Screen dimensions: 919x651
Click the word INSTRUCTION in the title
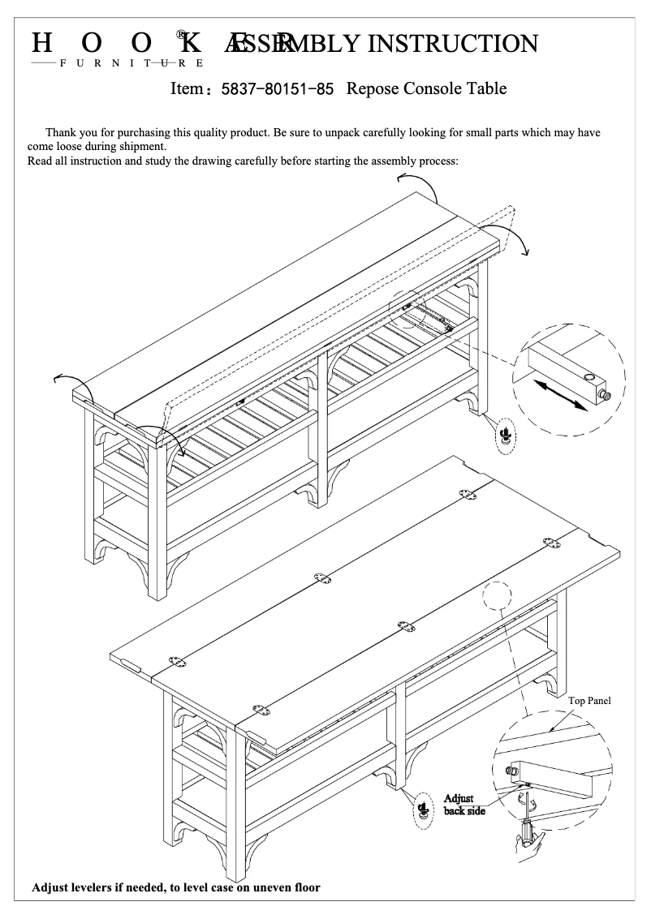453,44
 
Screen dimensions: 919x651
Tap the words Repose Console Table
426,88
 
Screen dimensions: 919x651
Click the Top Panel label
589,701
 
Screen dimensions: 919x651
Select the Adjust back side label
463,805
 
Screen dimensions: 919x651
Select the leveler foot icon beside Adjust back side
423,809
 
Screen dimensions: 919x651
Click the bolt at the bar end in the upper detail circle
602,395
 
